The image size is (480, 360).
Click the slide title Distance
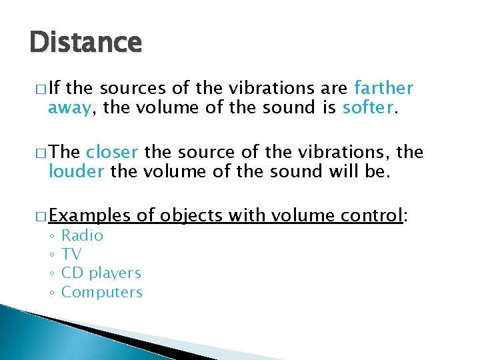pyautogui.click(x=85, y=43)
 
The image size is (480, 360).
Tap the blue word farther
pyautogui.click(x=384, y=88)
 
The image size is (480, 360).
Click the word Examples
pyautogui.click(x=89, y=216)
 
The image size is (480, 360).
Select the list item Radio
pyautogui.click(x=82, y=235)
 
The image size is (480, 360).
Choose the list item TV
pyautogui.click(x=71, y=254)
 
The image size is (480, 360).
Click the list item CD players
pyautogui.click(x=101, y=273)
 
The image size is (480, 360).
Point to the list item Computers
pyautogui.click(x=102, y=292)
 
